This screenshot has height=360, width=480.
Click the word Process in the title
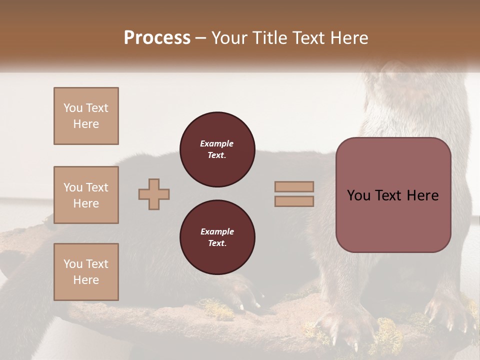click(157, 38)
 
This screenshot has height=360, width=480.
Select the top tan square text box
click(86, 116)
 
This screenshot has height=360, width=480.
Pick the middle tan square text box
click(86, 195)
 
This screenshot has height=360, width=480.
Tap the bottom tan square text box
click(86, 271)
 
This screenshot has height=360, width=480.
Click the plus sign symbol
click(154, 194)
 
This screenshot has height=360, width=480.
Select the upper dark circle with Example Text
click(217, 149)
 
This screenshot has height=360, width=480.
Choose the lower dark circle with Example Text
click(217, 237)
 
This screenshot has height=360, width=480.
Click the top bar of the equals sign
click(294, 186)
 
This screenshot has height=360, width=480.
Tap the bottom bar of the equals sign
click(294, 201)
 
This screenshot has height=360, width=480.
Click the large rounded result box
click(393, 195)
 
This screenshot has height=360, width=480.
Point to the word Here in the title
click(348, 38)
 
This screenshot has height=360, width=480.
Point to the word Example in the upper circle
click(217, 143)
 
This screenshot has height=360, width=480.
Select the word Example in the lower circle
click(217, 231)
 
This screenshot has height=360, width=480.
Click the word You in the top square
click(72, 108)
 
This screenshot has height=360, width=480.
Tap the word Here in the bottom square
click(86, 280)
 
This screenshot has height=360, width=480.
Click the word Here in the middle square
click(86, 203)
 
